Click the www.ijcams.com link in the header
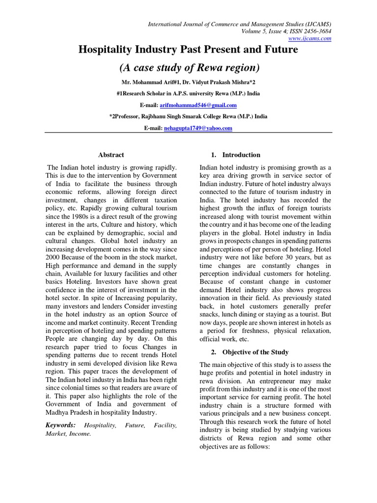coord(317,38)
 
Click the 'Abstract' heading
coord(111,155)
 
